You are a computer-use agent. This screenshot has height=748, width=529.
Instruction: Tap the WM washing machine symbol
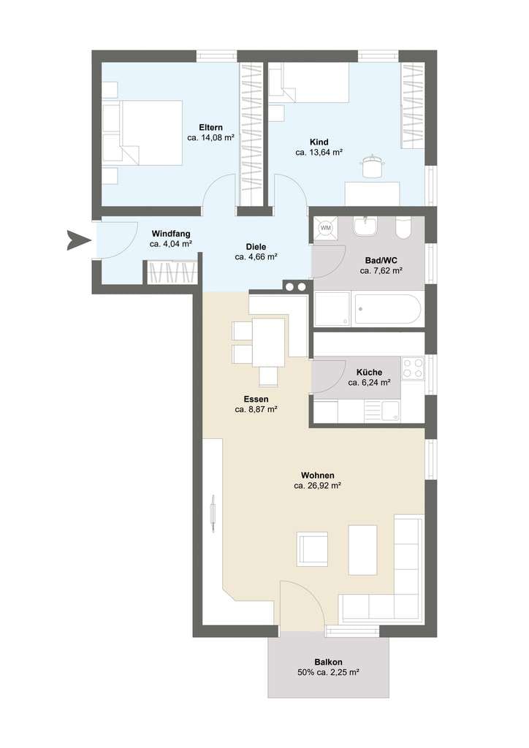pos(326,228)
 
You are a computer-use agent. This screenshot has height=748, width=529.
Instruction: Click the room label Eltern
pos(210,127)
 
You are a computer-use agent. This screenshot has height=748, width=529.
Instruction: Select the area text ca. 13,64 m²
pos(319,153)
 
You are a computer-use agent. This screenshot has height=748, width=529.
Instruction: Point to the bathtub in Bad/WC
pos(387,309)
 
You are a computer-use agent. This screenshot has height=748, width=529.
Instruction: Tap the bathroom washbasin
pos(365,226)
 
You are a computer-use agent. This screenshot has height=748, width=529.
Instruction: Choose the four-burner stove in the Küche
pos(413,368)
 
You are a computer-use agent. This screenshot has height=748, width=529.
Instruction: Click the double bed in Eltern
pos(142,133)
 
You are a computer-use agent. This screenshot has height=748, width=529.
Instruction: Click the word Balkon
pos(328,662)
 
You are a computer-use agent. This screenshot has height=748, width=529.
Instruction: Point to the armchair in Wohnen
pos(312,549)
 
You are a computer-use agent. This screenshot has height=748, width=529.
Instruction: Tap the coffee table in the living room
pos(362,550)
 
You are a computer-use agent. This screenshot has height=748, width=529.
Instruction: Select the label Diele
pos(256,247)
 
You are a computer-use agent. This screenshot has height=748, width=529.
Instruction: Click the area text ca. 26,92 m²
pos(317,486)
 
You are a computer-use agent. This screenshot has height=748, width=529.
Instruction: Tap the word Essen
pos(256,400)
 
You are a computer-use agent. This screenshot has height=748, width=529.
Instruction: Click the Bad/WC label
pos(381,261)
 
